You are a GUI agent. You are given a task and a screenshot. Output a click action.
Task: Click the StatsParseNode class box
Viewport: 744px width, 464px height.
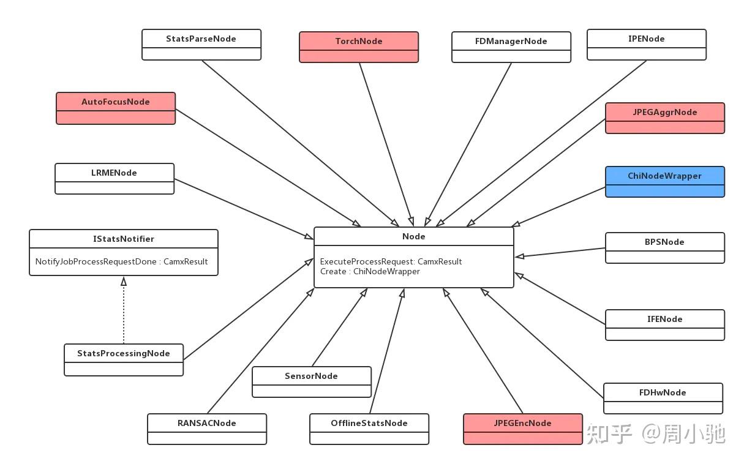point(201,45)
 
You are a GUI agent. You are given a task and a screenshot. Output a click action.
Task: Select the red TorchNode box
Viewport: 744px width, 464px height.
point(359,47)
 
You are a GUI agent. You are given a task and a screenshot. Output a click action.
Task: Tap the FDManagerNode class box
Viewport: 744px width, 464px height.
point(511,47)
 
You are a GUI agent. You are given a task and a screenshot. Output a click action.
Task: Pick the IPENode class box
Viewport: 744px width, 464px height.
point(646,45)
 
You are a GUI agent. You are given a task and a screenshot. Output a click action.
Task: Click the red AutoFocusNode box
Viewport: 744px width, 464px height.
point(116,108)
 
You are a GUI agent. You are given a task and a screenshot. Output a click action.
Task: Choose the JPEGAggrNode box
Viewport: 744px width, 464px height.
point(664,118)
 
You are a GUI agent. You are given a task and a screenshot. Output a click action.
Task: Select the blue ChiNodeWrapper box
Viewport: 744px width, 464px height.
point(664,182)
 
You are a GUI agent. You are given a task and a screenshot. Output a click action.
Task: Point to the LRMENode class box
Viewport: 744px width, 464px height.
point(115,179)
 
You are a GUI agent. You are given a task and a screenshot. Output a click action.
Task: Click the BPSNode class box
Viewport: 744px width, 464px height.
point(664,248)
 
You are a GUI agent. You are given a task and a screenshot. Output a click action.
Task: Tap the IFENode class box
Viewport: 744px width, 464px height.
point(664,325)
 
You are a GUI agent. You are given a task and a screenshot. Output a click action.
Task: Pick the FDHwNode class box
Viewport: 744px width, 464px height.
point(663,399)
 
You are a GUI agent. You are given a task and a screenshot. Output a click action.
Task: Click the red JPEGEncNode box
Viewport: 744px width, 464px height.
point(522,429)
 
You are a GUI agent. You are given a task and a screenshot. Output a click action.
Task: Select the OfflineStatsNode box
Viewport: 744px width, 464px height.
point(369,429)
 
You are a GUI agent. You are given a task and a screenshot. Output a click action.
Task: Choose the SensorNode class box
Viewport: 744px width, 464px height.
point(312,382)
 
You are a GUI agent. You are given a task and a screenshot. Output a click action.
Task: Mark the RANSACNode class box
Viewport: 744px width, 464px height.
point(207,429)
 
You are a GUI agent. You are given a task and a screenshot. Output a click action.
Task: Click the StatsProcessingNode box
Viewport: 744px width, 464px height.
point(124,360)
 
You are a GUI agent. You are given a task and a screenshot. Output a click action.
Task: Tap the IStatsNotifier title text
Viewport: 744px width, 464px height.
point(124,239)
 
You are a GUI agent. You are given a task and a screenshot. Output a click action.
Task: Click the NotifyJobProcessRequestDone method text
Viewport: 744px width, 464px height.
point(121,261)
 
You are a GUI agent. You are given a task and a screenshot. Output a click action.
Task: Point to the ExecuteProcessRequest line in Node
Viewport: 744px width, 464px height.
point(391,261)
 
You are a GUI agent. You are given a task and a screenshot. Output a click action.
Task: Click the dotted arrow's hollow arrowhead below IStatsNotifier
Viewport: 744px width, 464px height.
point(124,281)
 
